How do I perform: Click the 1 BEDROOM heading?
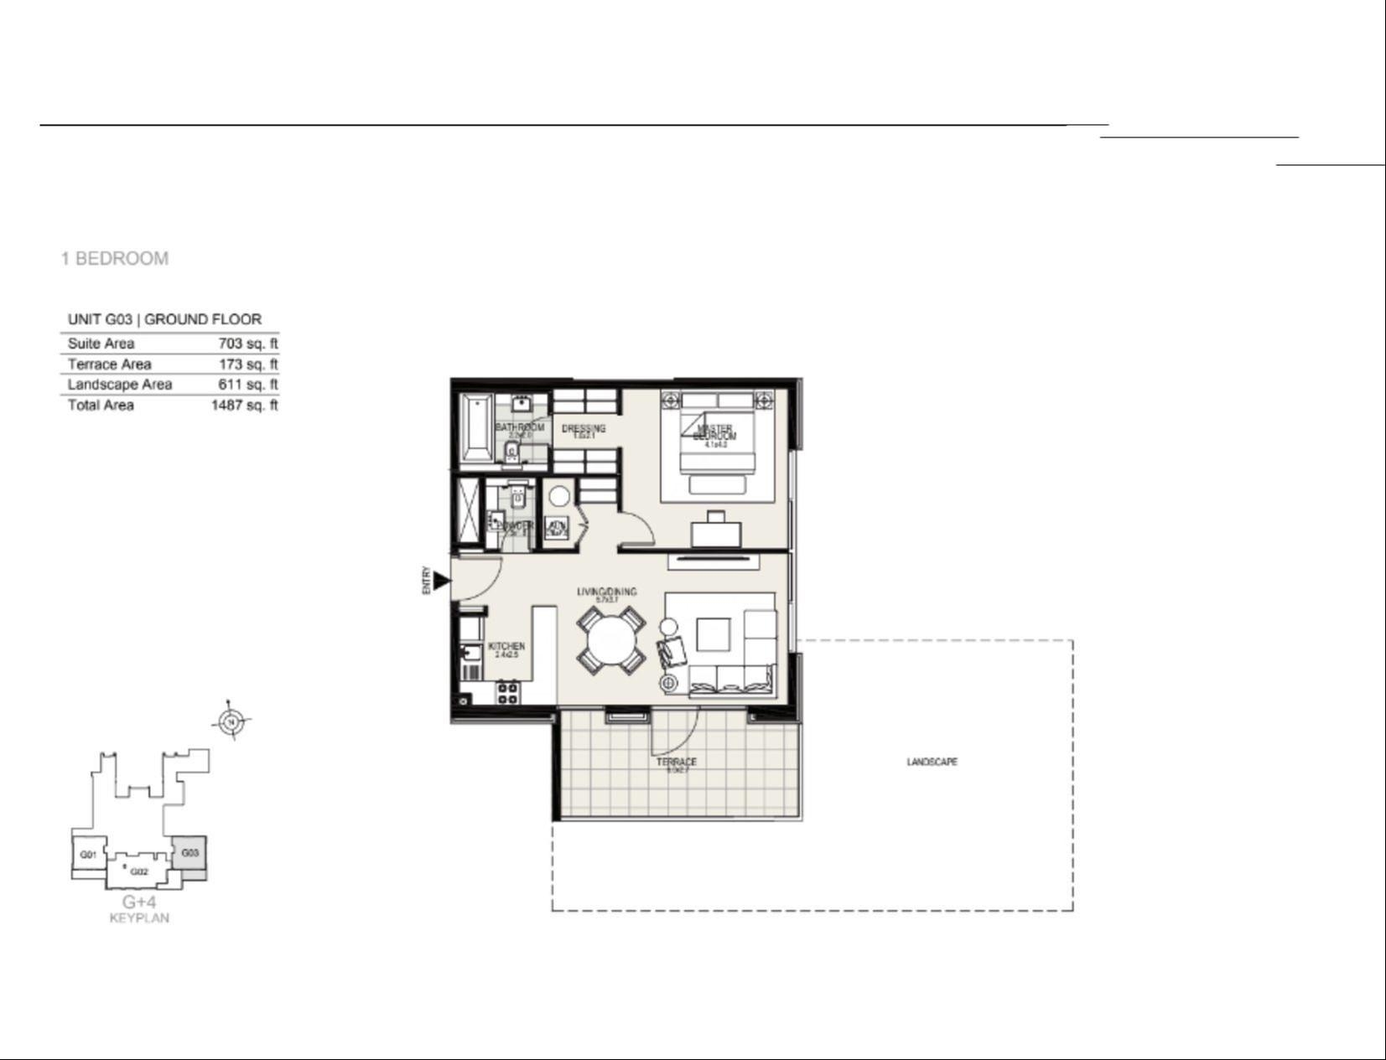(114, 258)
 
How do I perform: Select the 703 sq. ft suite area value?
(247, 344)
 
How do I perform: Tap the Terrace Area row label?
(109, 365)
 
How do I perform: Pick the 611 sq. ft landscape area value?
(247, 385)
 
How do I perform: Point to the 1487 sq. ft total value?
(244, 406)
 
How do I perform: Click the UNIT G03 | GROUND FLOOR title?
(164, 319)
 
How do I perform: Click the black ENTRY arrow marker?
(441, 580)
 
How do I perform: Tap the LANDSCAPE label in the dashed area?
(932, 762)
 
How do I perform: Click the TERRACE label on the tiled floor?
(676, 762)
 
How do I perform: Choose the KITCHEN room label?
(506, 647)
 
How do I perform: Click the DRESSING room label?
(583, 429)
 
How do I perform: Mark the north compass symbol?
(232, 721)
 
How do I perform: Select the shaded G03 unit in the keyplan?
(189, 854)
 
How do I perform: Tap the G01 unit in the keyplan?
(88, 855)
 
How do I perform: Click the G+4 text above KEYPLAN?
(139, 902)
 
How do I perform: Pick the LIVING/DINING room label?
(606, 592)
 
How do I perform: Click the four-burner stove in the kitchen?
(506, 692)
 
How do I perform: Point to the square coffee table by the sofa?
(713, 634)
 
